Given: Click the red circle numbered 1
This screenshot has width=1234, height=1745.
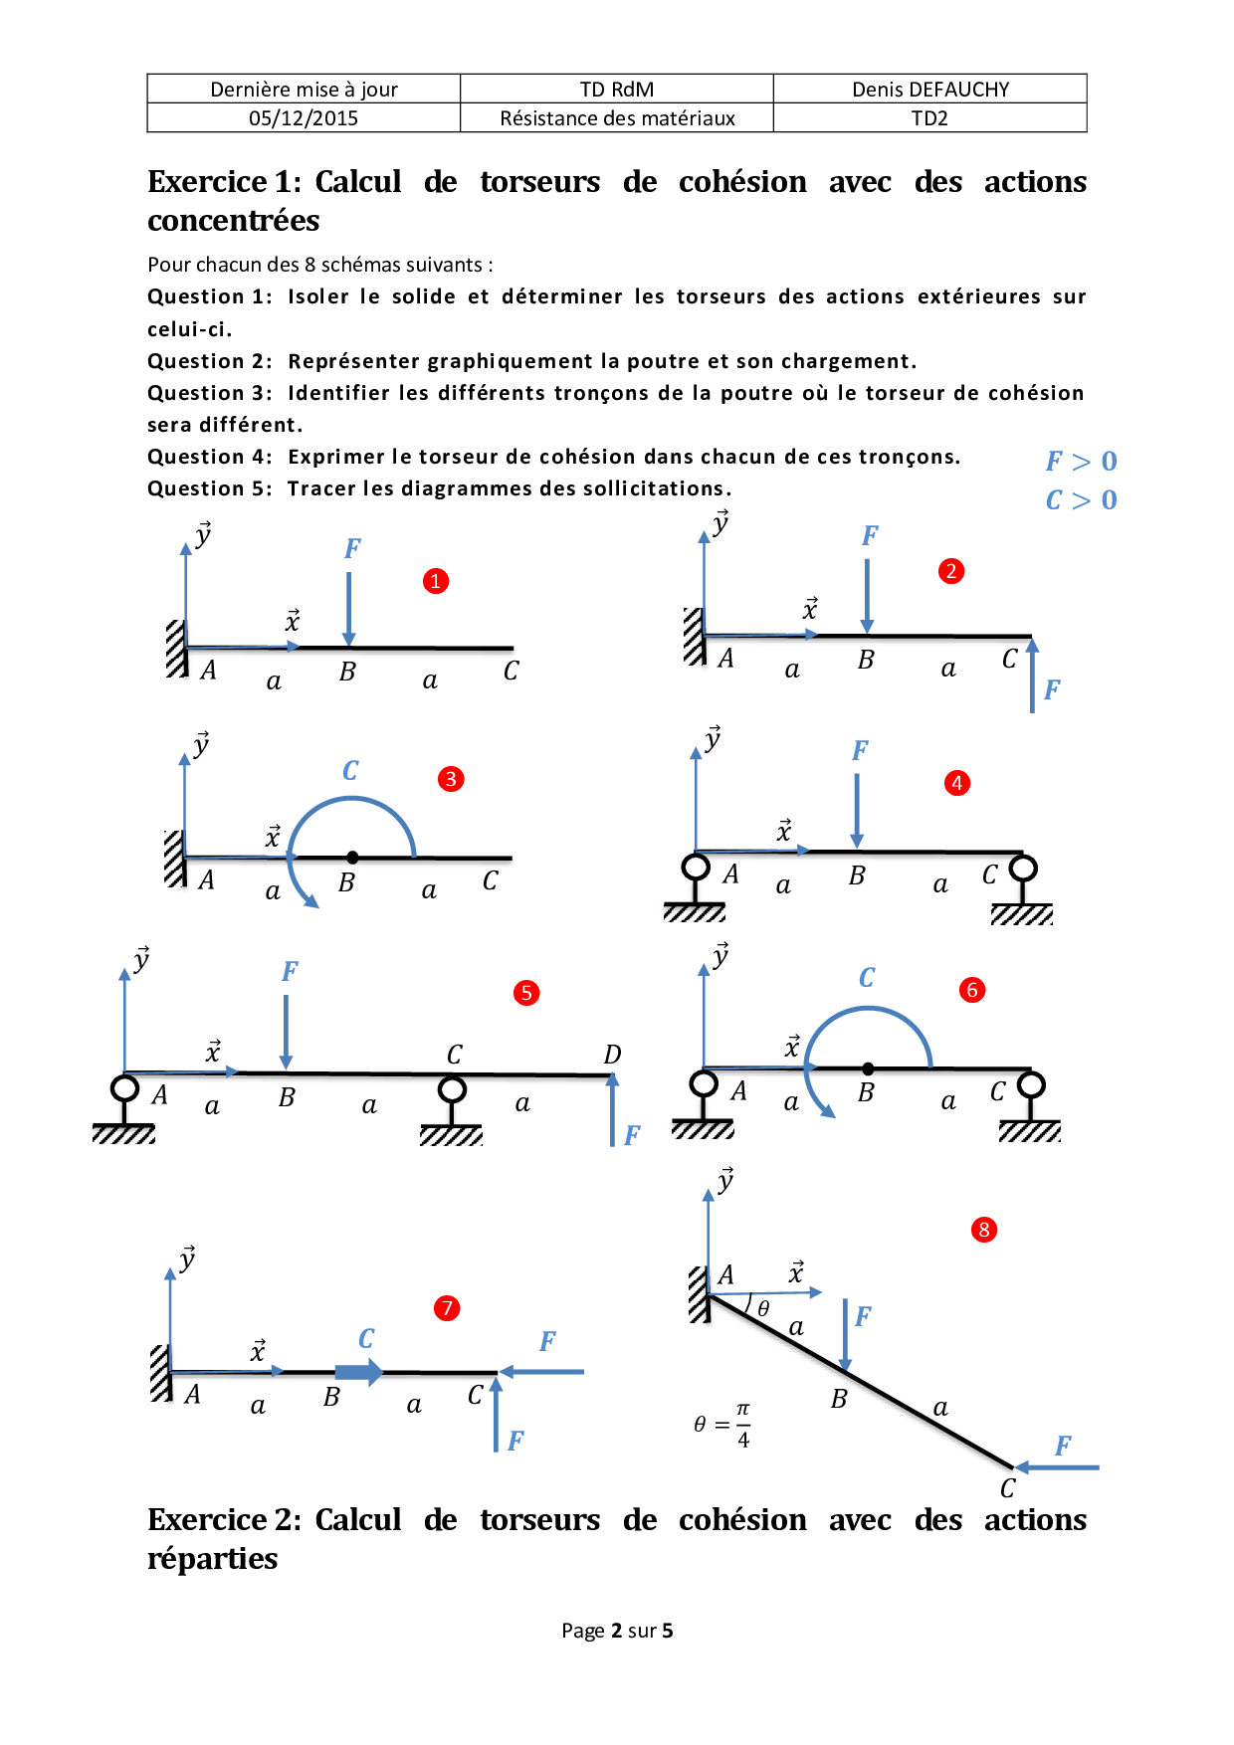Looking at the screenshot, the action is coord(435,581).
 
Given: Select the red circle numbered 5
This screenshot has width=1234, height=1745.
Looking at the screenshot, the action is coord(526,993).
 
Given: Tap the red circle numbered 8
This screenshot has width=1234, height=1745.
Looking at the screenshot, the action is coord(984,1230).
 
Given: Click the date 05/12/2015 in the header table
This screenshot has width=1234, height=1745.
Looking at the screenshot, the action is coord(304,118).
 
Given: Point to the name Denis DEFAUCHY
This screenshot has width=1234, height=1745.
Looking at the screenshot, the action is coord(930,90).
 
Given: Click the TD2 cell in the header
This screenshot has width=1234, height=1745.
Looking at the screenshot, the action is coord(929,118).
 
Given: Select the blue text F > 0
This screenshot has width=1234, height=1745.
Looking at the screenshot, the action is coord(1081,462).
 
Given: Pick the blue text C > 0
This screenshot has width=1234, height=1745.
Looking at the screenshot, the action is coord(1081,500).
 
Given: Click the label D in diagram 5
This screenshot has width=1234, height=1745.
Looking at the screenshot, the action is coord(612,1055).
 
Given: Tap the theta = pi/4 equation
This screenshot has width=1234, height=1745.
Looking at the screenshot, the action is coord(722,1425).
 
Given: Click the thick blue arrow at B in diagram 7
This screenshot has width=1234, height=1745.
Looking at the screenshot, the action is coord(359,1373).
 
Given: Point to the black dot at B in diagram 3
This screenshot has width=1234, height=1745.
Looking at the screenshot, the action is coord(352,858).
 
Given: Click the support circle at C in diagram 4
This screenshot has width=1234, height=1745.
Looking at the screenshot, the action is coord(1023,869).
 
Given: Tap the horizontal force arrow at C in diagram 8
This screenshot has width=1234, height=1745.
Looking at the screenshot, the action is coord(1056,1467).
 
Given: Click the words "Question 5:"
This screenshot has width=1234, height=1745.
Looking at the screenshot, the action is coord(210,488).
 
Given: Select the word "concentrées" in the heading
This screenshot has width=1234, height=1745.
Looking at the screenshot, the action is coord(234,220).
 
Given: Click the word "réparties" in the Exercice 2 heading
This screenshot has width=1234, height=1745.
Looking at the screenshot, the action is coord(213,1559).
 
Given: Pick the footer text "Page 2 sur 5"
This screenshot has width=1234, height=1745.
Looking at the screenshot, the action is coord(617,1631).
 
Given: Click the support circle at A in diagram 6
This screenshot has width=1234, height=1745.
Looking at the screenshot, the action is coord(705,1083).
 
